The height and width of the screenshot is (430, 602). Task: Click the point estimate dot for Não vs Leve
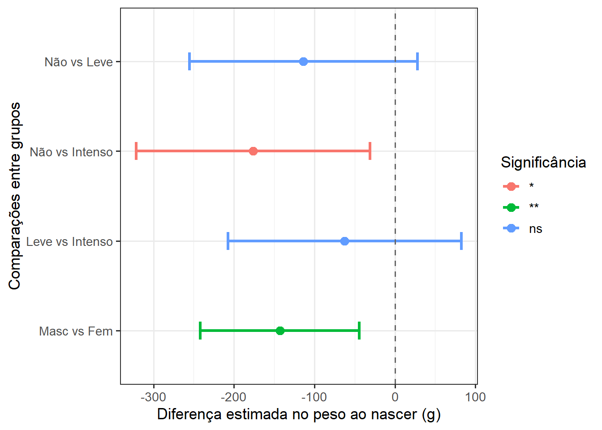click(303, 61)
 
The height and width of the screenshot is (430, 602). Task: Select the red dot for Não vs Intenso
click(253, 151)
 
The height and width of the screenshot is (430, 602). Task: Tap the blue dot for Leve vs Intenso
click(344, 241)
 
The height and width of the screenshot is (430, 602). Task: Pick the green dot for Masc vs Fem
click(280, 331)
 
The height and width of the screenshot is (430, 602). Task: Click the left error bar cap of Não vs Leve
click(189, 61)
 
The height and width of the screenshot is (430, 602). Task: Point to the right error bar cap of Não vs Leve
click(417, 61)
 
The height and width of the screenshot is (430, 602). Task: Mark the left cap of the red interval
click(136, 151)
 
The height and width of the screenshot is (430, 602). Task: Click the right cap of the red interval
click(370, 151)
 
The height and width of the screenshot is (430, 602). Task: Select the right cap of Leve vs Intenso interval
click(461, 241)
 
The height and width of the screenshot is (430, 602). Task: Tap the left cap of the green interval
click(200, 331)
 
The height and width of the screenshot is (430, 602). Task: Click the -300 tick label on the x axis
click(153, 397)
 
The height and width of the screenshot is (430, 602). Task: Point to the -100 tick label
click(314, 397)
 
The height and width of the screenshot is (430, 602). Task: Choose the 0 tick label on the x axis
click(395, 397)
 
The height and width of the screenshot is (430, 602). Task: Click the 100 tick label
click(475, 397)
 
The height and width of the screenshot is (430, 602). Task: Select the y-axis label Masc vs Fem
click(76, 331)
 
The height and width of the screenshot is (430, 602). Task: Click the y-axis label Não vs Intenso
click(71, 152)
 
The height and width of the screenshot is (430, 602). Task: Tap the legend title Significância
click(543, 162)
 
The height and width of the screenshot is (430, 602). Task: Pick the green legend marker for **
click(511, 207)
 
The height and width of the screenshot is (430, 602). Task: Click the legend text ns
click(536, 229)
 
